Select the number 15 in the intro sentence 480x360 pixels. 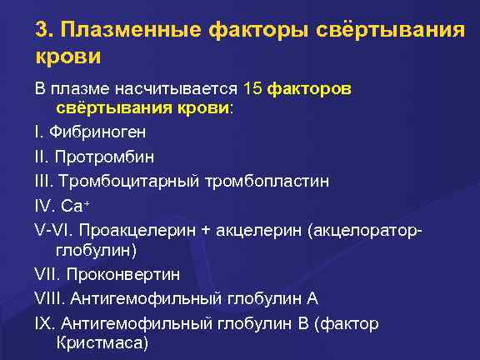pos(253,87)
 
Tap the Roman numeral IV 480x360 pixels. pos(44,204)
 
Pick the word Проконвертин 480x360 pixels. pos(124,273)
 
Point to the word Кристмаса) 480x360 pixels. pos(102,342)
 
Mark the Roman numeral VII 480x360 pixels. pos(47,273)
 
